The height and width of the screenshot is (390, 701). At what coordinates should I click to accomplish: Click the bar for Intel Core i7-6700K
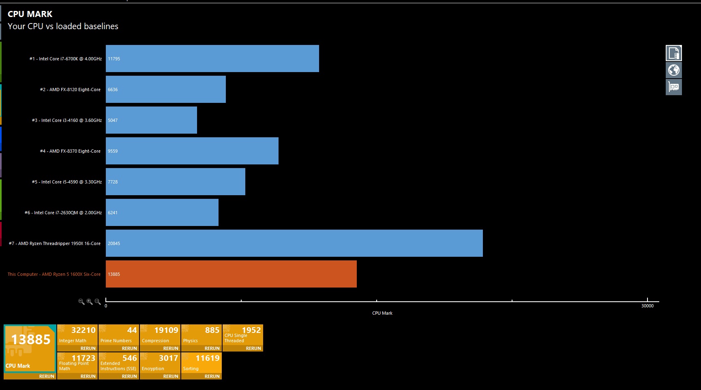point(212,59)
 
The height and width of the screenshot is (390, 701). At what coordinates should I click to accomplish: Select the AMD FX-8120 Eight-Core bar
point(165,90)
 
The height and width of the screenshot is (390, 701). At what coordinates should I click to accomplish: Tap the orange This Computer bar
point(231,274)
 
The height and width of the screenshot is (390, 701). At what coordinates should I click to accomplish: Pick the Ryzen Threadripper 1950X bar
point(294,243)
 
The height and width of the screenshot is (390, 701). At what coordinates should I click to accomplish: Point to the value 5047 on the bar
point(113,120)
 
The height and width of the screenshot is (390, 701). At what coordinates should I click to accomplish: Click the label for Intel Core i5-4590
point(67,182)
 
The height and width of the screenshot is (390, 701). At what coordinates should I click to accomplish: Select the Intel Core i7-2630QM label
point(63,213)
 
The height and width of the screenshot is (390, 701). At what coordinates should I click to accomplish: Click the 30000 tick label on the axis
point(647,306)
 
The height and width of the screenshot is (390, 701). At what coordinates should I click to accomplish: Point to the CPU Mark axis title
point(382,313)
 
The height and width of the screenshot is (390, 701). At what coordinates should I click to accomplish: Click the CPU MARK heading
point(30,14)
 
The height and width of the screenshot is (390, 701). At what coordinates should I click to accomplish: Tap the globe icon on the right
point(673,70)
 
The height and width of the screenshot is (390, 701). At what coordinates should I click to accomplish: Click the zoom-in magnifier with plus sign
point(90,302)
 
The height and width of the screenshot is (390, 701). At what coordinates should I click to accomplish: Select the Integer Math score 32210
point(83,330)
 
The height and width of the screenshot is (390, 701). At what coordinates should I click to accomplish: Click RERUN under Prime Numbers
point(129,348)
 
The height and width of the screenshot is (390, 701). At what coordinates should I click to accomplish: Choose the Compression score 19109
point(166,330)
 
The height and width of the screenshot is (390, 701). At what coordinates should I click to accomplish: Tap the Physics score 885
point(212,330)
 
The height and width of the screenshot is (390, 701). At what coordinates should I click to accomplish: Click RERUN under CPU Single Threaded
point(253,348)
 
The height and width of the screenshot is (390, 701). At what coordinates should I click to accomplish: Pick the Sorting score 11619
point(207,358)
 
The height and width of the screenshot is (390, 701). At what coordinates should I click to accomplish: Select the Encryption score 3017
point(168,358)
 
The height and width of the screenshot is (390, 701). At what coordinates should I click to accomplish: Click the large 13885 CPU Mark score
point(31,340)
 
